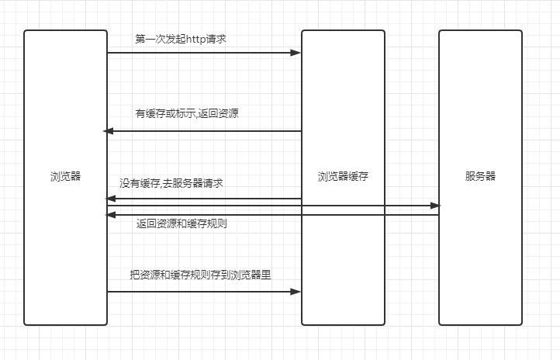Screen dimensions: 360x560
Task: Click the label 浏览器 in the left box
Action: (65, 176)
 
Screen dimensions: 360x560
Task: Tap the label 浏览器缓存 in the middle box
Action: (343, 176)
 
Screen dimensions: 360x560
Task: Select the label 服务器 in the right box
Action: (480, 176)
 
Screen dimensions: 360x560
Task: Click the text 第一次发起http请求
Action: (180, 38)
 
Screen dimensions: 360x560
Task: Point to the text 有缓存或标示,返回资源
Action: (187, 113)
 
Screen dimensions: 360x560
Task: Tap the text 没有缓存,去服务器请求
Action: (171, 183)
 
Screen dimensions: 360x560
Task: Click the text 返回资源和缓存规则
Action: (181, 224)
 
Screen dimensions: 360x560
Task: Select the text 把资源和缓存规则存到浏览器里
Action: (200, 275)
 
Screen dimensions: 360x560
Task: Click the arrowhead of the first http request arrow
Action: (296, 53)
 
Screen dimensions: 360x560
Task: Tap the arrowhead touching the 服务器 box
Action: (434, 206)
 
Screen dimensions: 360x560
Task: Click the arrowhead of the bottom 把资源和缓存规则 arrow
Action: (296, 292)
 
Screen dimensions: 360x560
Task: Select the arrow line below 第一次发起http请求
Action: (202, 53)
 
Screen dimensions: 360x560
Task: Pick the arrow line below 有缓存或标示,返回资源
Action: (202, 131)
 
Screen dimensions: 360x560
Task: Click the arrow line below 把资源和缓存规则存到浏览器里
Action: (202, 292)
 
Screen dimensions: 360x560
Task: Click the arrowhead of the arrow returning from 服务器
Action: (110, 214)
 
